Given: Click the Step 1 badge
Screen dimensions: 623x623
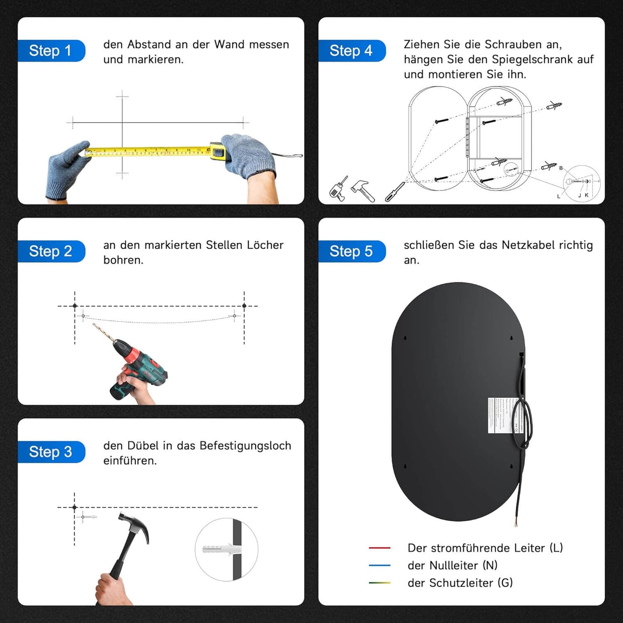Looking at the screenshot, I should [x=50, y=51].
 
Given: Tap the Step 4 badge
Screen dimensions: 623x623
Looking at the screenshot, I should [x=351, y=51].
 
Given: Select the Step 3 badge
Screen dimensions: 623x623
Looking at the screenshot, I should [x=50, y=452].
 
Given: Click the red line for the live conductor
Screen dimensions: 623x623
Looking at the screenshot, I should [x=379, y=548].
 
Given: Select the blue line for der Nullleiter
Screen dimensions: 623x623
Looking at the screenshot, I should [x=379, y=565].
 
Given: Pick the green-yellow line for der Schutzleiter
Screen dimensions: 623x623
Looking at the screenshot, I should [x=379, y=583].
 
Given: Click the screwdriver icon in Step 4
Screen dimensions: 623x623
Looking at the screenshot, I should [x=394, y=191].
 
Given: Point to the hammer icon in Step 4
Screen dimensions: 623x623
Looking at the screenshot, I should [x=363, y=190].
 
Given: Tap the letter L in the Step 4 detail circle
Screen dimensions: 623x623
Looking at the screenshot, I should [x=559, y=197].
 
